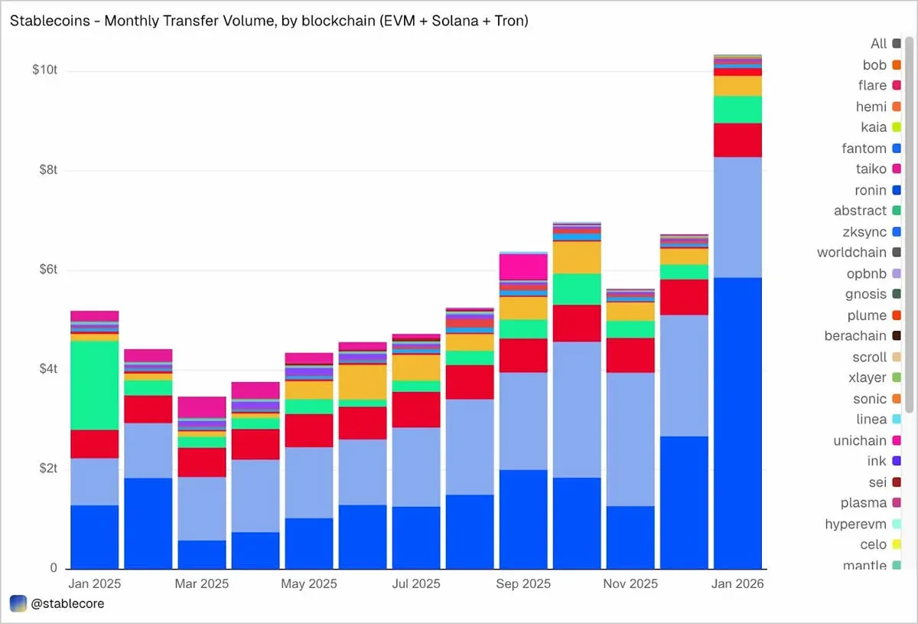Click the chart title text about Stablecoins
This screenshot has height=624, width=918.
pyautogui.click(x=269, y=21)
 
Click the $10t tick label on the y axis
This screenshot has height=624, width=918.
pyautogui.click(x=44, y=70)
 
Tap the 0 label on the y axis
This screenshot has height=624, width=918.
pyautogui.click(x=53, y=567)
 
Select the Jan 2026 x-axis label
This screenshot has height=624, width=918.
pyautogui.click(x=737, y=584)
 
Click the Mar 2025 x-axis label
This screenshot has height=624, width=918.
pyautogui.click(x=202, y=584)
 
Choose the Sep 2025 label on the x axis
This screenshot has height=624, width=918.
pyautogui.click(x=523, y=584)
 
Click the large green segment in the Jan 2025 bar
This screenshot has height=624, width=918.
pyautogui.click(x=94, y=385)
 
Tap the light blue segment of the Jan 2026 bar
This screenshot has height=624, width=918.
pyautogui.click(x=737, y=217)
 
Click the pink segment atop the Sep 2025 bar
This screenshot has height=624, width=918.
pyautogui.click(x=523, y=267)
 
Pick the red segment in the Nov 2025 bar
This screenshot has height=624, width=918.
pyautogui.click(x=630, y=355)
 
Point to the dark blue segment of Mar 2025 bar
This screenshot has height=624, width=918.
pyautogui.click(x=202, y=554)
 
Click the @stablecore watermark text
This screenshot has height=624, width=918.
pyautogui.click(x=67, y=603)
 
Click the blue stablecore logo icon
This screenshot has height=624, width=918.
pyautogui.click(x=18, y=603)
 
